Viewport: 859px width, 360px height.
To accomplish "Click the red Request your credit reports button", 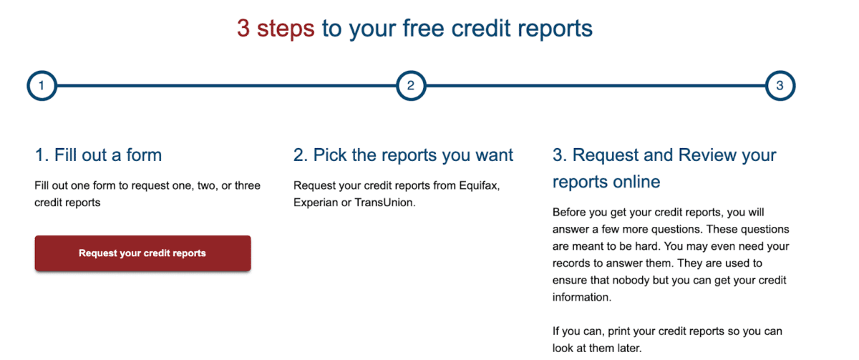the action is tap(142, 253).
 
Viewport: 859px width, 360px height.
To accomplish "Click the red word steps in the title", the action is tap(286, 29).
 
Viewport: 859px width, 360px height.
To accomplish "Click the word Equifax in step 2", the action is tap(480, 185).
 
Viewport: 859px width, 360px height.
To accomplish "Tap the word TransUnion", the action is tap(384, 202).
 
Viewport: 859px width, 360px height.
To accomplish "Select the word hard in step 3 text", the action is tap(647, 246).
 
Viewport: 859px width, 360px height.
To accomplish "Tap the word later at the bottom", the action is tap(629, 348).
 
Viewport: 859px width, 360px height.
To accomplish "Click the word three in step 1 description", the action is tap(248, 185).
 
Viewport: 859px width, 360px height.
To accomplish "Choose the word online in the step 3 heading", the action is tap(636, 182).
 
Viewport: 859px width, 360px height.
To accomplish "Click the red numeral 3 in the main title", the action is tap(243, 29).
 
